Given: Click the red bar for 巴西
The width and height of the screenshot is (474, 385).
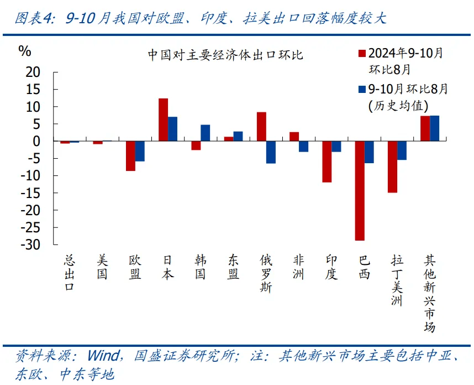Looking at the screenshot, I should [x=360, y=191].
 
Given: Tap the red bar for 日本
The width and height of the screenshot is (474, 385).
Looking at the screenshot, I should [x=163, y=119].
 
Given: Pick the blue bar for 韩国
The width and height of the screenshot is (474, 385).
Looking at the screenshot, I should [x=206, y=133].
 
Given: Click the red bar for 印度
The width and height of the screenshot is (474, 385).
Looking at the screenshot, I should [x=327, y=162].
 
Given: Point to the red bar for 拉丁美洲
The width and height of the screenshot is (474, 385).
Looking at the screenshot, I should [x=392, y=167].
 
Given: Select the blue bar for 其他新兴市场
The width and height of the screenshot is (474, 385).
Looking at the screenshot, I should [x=435, y=128].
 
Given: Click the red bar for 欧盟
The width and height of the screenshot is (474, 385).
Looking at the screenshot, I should [x=130, y=156].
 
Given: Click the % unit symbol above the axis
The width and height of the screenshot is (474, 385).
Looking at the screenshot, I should [x=25, y=51].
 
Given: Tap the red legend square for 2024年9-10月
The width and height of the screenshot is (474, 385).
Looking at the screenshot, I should [x=362, y=54].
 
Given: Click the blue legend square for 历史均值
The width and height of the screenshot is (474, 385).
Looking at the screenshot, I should [x=362, y=89].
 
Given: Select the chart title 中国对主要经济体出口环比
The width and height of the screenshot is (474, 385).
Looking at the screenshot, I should [x=225, y=55].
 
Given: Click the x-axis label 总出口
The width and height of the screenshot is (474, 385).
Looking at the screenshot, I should [x=69, y=273].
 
